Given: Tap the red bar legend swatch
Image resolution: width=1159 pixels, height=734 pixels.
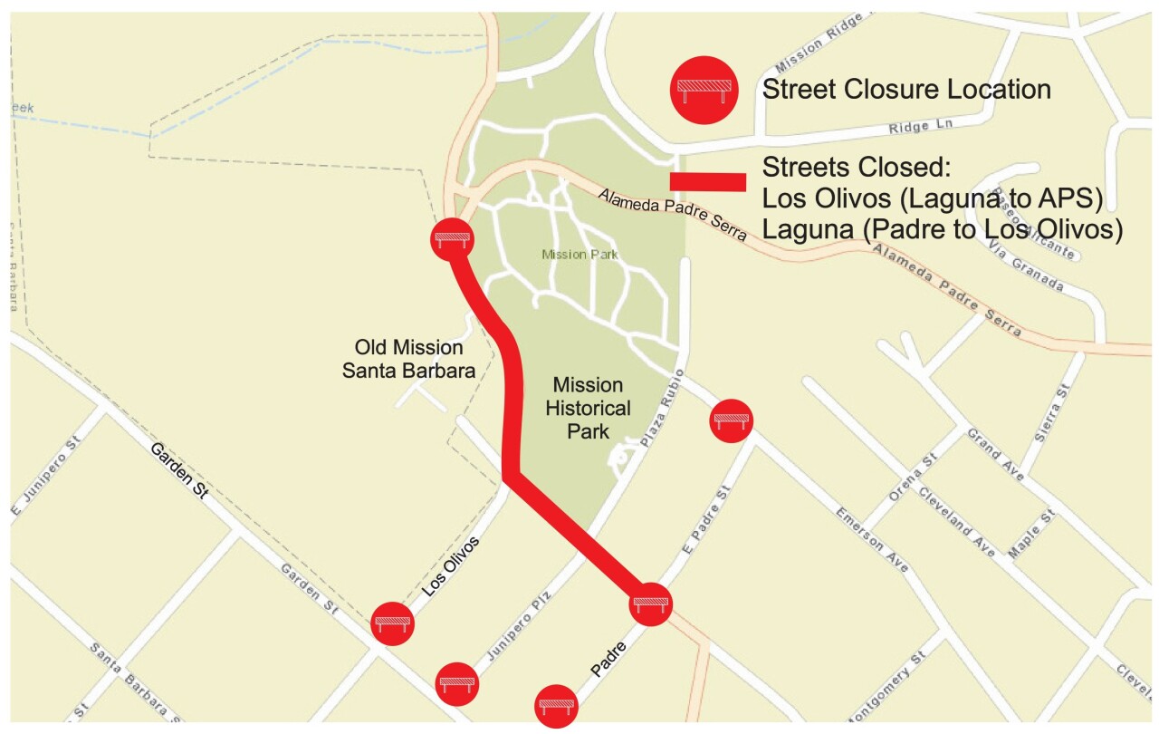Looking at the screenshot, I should tap(708, 182).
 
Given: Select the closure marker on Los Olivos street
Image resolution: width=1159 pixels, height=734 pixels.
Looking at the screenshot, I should tap(393, 623).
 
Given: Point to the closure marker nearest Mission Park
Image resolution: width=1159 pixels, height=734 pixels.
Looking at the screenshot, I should tap(451, 239).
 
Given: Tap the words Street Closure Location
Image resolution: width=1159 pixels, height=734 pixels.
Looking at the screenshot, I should tap(906, 90).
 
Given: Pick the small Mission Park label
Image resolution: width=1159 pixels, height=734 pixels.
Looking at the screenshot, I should tap(579, 255).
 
